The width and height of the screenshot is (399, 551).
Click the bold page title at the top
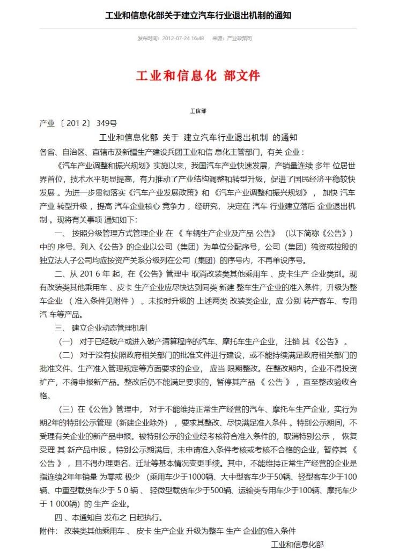tap(198, 15)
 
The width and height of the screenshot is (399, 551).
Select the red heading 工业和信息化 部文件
tap(198, 76)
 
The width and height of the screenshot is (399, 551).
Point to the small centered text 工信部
tap(198, 111)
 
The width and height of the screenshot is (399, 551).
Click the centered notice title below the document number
tap(198, 137)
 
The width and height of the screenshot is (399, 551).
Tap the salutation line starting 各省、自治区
tap(172, 152)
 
